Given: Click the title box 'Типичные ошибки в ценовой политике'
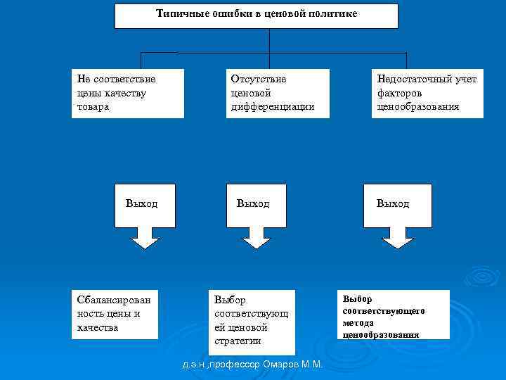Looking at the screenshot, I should point(256,15).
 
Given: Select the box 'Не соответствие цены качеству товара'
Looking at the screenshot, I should point(127,93).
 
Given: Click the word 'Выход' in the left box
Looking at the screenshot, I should point(141,204).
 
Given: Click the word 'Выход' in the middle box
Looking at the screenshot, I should point(253,204).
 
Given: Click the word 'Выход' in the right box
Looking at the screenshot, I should point(392,204).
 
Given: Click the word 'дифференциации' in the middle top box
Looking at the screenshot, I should point(272,107).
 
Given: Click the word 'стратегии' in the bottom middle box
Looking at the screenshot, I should point(238,341).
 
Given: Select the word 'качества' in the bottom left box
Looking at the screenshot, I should point(98,327).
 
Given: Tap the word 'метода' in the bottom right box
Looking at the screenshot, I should point(358,322).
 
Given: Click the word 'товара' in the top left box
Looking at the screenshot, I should point(93,107).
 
